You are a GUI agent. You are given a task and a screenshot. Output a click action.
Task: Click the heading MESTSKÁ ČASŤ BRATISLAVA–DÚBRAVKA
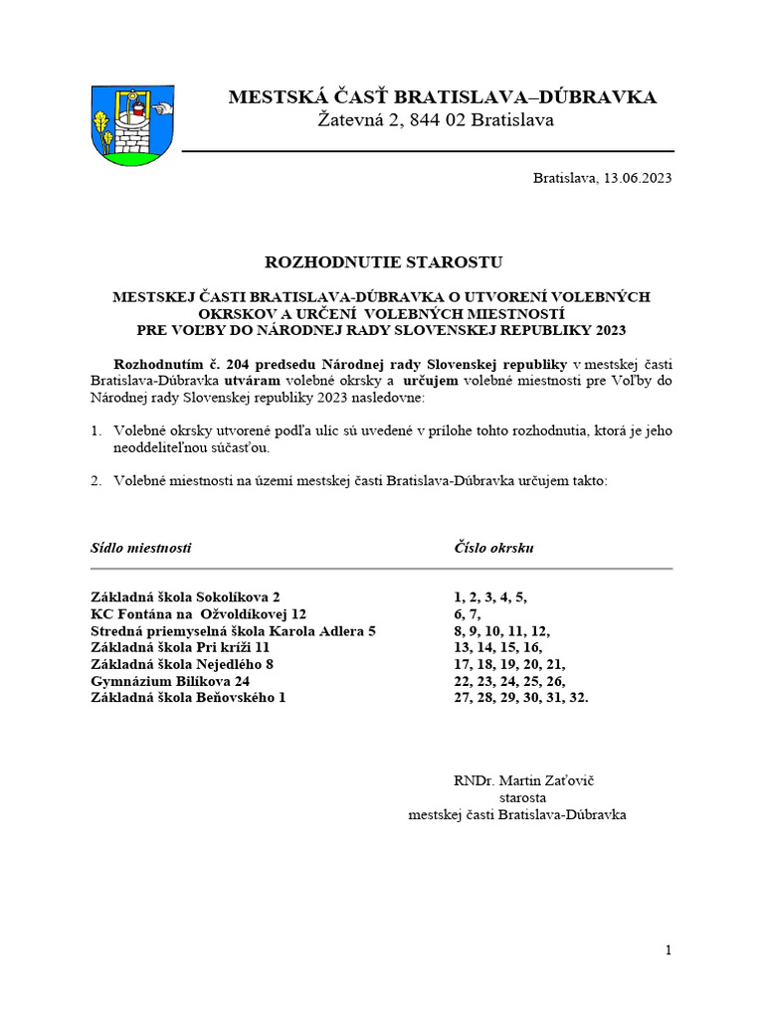pos(442,96)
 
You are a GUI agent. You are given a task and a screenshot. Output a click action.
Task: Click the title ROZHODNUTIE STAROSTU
pos(383,262)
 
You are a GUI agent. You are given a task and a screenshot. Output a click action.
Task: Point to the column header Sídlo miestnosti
pos(140,548)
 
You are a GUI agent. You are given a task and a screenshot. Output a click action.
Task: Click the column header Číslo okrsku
pos(494,548)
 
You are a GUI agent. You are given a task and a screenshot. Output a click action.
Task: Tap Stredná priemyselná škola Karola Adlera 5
pos(233,630)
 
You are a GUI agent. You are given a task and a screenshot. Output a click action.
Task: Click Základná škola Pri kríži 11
pos(180,647)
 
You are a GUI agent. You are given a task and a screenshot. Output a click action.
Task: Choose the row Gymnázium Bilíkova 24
pos(170,681)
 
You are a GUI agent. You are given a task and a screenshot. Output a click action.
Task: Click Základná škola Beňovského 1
pos(188,698)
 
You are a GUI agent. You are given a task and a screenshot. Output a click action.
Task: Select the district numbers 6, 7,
pos(468,613)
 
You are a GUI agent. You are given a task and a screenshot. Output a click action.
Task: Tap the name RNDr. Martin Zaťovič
pos(522,780)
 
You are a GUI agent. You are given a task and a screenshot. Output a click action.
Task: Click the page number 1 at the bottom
pos(668,950)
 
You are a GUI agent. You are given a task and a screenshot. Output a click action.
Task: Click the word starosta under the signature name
pos(522,797)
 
